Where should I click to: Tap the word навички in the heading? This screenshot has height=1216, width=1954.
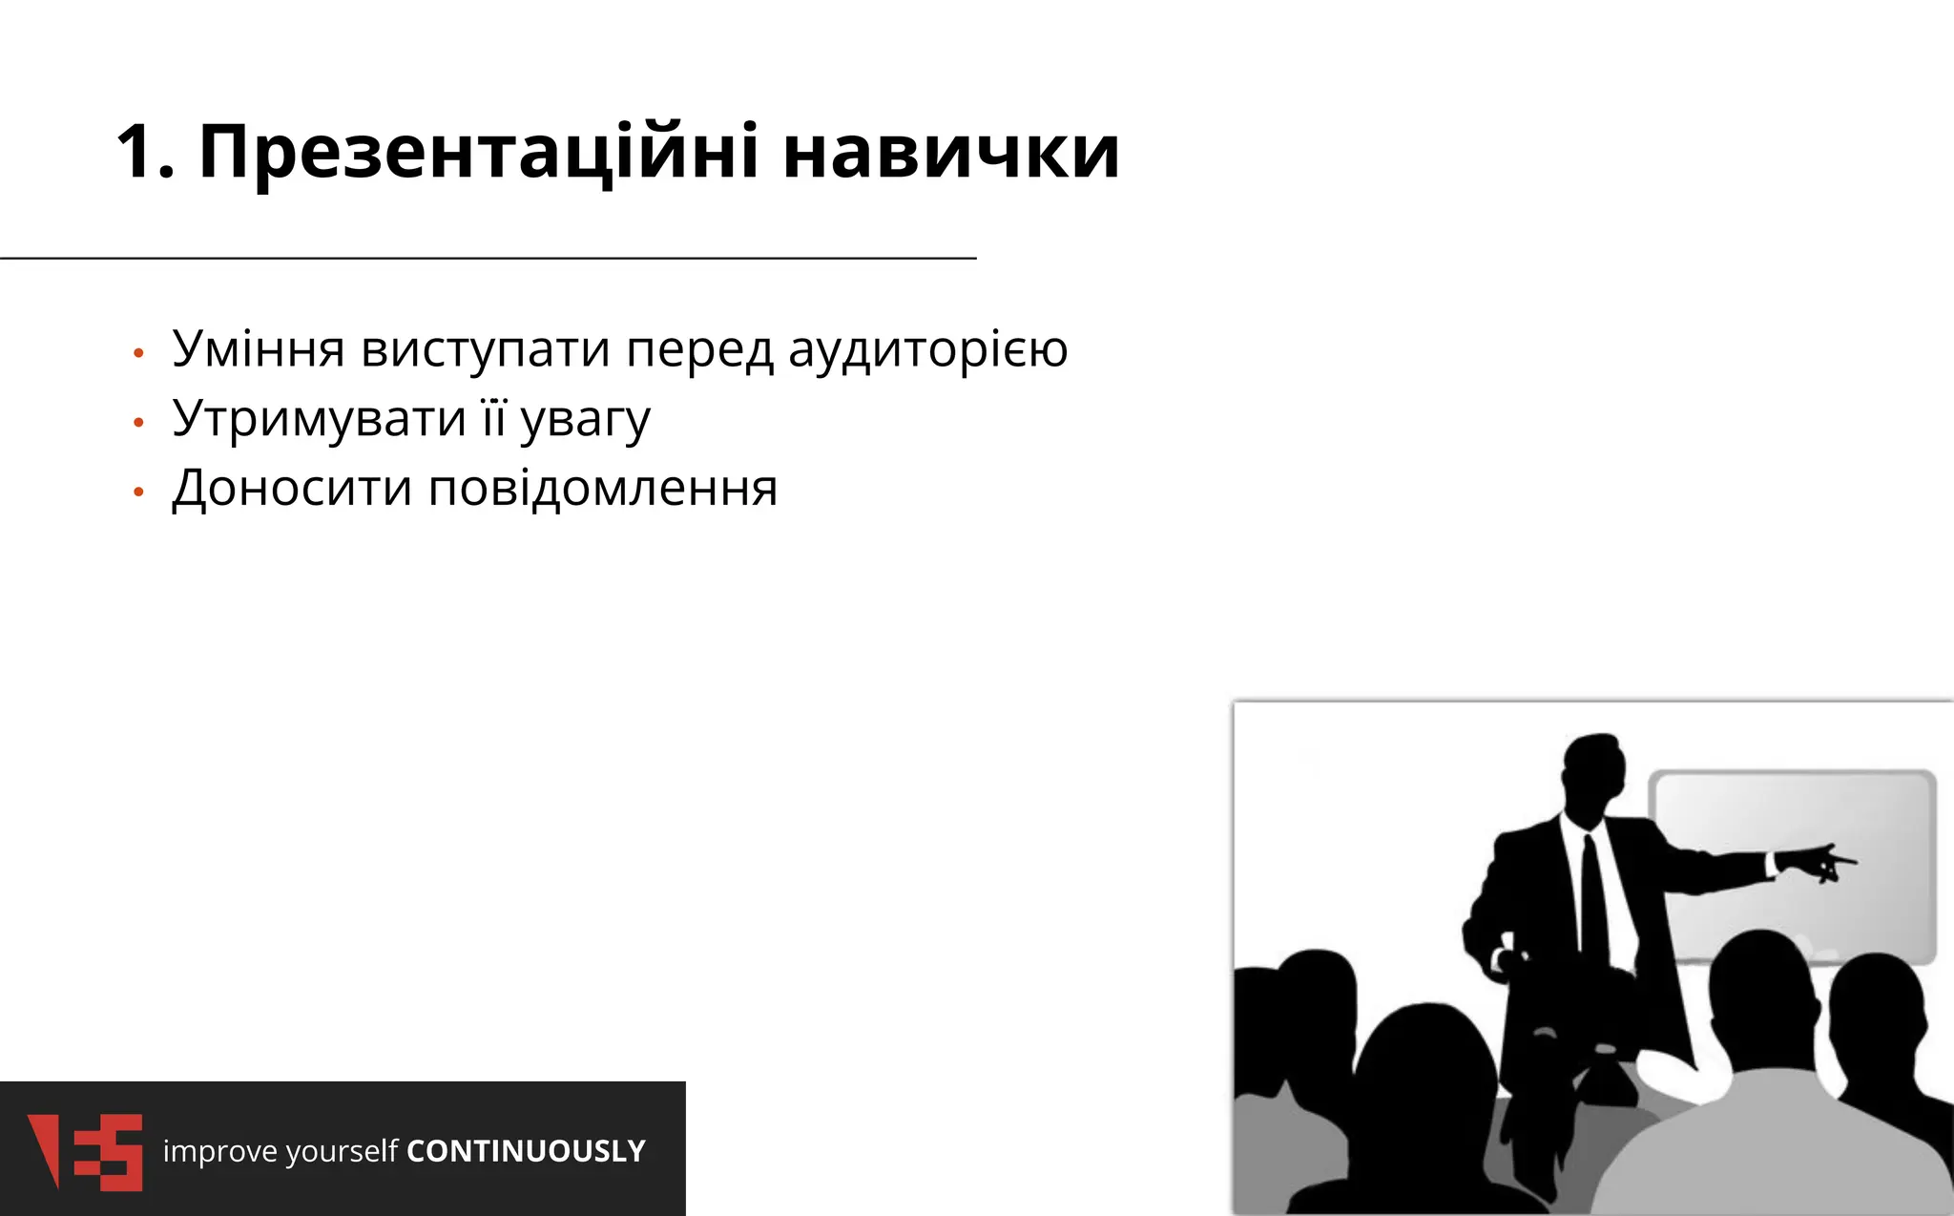(x=950, y=153)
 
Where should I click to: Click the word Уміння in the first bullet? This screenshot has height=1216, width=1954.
(x=258, y=349)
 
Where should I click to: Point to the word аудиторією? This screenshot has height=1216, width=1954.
(x=927, y=349)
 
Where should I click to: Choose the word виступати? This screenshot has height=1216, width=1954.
(x=485, y=349)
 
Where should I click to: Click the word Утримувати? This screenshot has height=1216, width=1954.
(x=319, y=419)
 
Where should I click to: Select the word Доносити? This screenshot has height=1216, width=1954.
(x=292, y=489)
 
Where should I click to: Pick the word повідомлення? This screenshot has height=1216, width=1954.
(x=603, y=489)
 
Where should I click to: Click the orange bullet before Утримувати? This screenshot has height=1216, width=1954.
(x=138, y=422)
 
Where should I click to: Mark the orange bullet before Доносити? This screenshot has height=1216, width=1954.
(x=138, y=493)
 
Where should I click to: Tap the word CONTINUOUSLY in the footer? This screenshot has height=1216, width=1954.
(x=526, y=1151)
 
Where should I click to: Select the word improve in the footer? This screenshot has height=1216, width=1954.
(x=219, y=1152)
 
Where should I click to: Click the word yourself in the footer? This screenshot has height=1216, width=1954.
(x=342, y=1152)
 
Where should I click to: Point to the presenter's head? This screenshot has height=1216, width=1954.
(x=1593, y=778)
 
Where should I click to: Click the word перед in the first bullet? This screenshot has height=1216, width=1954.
(x=698, y=349)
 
